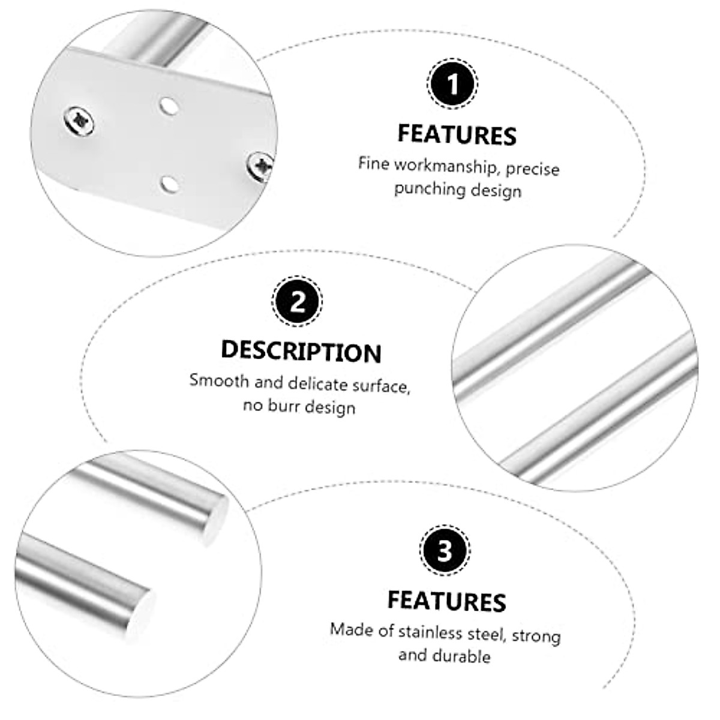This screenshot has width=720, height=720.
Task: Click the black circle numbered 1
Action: pos(452,84)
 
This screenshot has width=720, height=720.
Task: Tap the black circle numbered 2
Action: pos(298,302)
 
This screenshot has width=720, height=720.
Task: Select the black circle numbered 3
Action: pos(444,550)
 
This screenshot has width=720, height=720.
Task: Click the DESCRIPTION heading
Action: pos(301,351)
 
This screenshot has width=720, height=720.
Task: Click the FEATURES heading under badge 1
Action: pos(457,135)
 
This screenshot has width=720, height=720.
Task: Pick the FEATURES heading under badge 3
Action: pos(447,601)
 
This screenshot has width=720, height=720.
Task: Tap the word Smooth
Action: pos(219,381)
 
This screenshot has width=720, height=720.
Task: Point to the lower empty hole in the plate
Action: pos(169,182)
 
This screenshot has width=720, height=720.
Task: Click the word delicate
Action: pos(318,383)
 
